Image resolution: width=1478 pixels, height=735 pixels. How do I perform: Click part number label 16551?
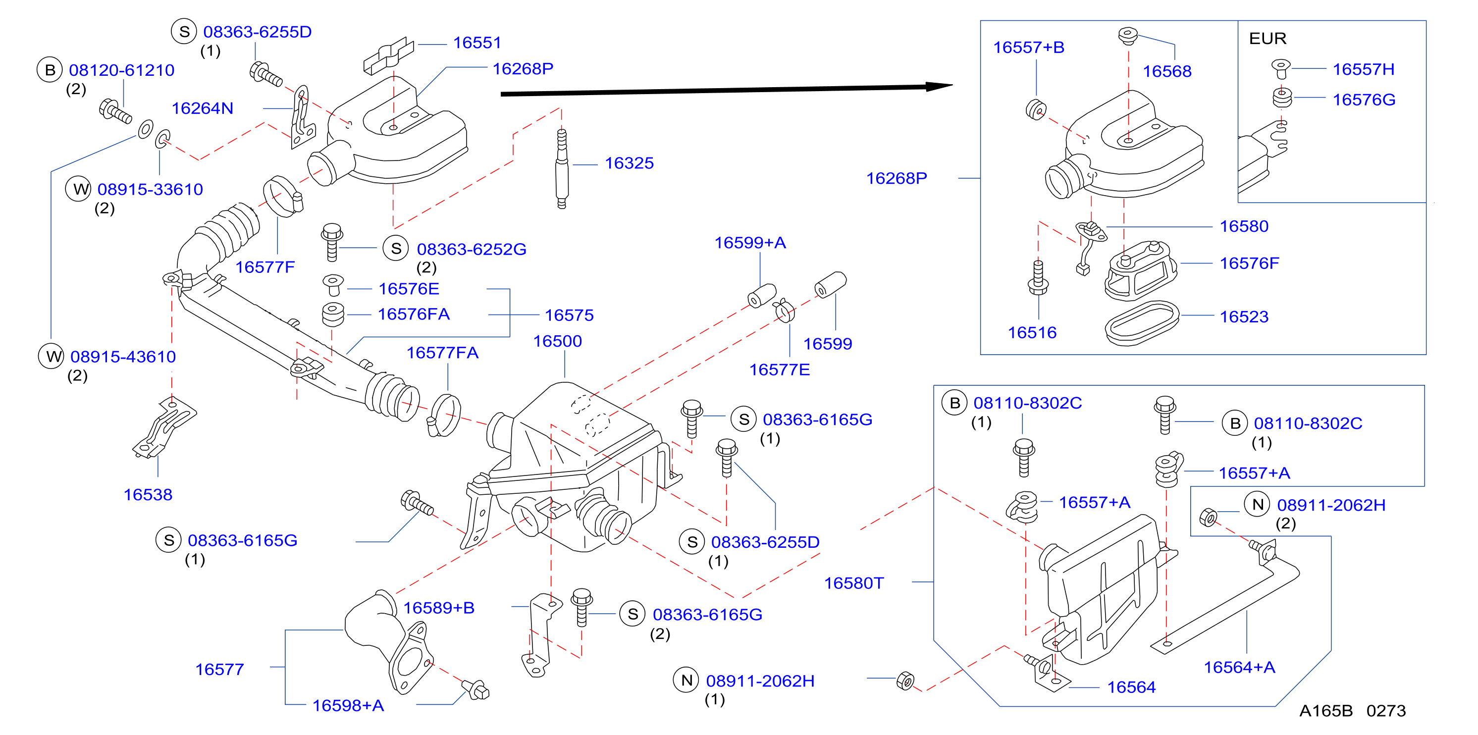tap(477, 43)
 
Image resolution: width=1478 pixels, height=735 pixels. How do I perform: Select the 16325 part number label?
tap(629, 163)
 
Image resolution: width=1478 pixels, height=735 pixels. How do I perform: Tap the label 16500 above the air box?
tap(557, 341)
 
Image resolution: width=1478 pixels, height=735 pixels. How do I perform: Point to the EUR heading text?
tap(1267, 39)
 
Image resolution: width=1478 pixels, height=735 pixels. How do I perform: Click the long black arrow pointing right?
tap(727, 90)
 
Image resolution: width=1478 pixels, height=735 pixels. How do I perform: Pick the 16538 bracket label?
tap(148, 495)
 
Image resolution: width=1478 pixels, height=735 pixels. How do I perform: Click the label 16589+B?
tap(439, 608)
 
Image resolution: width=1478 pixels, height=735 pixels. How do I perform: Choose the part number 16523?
tap(1244, 316)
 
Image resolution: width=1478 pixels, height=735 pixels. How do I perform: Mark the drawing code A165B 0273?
tap(1352, 711)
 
